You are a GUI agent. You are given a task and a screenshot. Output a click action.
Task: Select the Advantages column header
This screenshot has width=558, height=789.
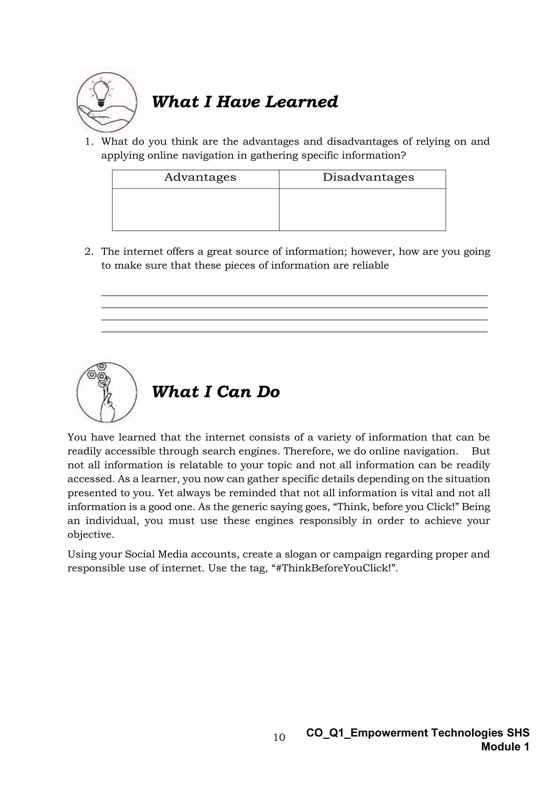(x=200, y=177)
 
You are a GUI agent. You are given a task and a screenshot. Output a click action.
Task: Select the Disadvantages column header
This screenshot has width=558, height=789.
(x=368, y=177)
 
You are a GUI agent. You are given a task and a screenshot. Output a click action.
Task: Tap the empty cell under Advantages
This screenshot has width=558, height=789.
(x=196, y=209)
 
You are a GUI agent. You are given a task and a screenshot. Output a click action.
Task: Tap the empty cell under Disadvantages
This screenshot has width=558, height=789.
(x=362, y=209)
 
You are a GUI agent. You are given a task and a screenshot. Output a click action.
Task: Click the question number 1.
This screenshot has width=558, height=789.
(x=88, y=142)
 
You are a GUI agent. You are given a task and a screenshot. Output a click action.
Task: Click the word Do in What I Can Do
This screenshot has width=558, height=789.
(x=268, y=392)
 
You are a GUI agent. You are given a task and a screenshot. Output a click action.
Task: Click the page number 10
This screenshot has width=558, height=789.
(x=279, y=738)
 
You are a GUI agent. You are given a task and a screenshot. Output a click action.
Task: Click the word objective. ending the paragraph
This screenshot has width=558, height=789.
(x=91, y=535)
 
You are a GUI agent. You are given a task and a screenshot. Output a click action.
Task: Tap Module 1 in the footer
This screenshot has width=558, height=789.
(x=505, y=746)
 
